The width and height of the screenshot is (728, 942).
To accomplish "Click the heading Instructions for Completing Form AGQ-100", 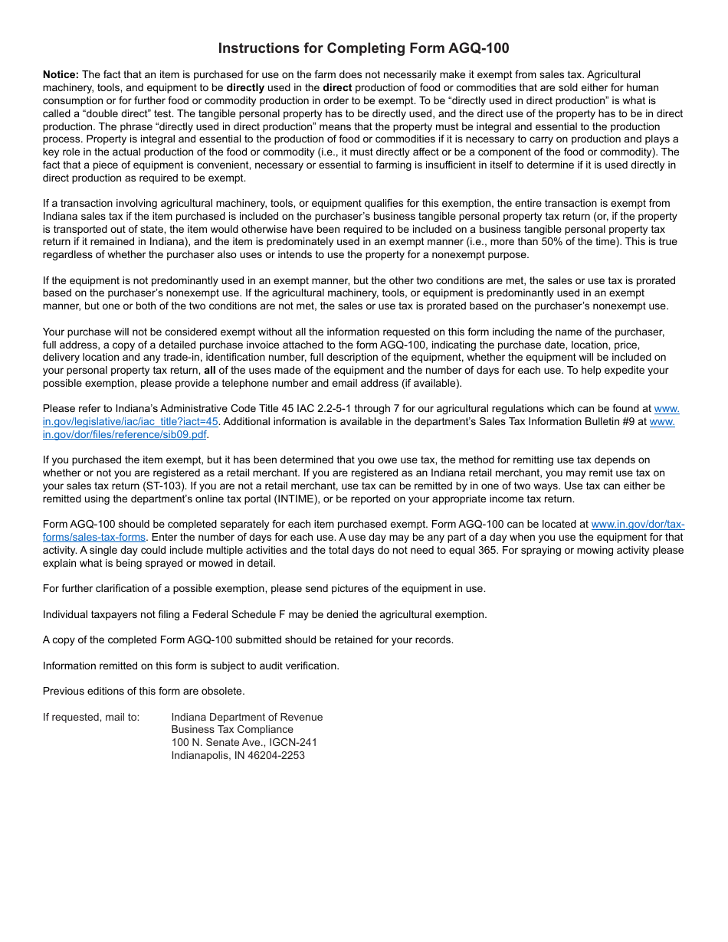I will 363,48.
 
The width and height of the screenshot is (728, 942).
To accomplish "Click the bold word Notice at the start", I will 61,75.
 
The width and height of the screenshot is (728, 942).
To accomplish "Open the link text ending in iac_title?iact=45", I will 131,422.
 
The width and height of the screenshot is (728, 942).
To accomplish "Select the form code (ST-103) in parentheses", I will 162,486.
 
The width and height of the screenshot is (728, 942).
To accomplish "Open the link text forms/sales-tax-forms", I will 94,538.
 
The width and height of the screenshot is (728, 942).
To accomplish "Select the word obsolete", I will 221,692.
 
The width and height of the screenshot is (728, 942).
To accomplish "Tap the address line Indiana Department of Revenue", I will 247,718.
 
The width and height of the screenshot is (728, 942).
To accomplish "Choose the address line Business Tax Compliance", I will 232,730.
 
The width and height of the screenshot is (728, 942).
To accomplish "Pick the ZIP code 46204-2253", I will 276,756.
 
